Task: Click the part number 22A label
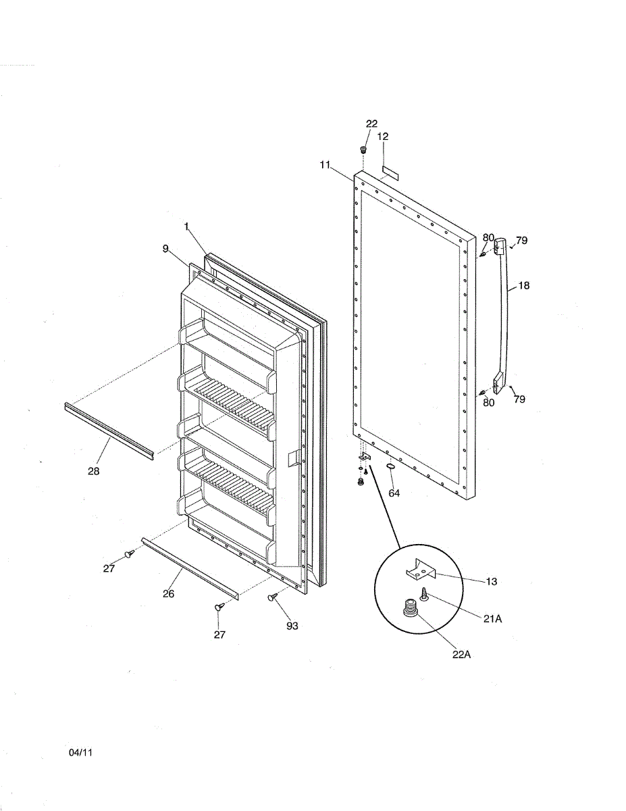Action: tap(461, 654)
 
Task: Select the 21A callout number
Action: tap(492, 618)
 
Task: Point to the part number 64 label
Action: tap(394, 493)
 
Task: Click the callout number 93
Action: tap(292, 626)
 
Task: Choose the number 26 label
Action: tap(168, 593)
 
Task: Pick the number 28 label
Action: tap(93, 471)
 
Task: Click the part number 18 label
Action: tap(523, 286)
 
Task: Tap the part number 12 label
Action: tap(383, 136)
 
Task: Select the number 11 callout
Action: tap(325, 164)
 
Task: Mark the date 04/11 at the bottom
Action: tap(80, 752)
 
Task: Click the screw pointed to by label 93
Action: tap(273, 597)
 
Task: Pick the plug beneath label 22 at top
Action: tap(363, 149)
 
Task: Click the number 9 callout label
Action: tap(165, 249)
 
